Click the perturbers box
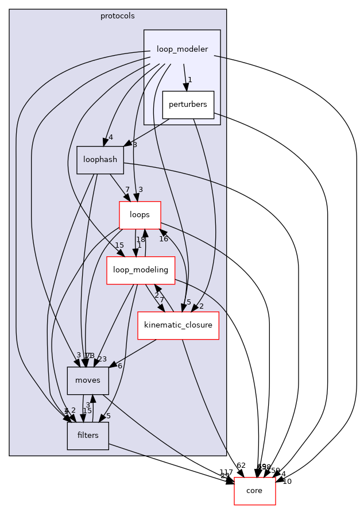tap(188, 105)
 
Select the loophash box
tap(100, 160)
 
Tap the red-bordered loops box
tap(140, 214)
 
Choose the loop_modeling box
tap(141, 270)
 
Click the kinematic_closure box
tap(179, 325)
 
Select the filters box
tap(88, 435)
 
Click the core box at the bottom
tap(254, 491)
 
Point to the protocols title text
tap(118, 16)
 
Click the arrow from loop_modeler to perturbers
tap(185, 75)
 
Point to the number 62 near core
tap(241, 465)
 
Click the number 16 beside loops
tap(164, 238)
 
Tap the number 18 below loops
tap(140, 239)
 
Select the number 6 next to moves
tap(120, 365)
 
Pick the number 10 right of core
tap(287, 481)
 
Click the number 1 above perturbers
tap(189, 79)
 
